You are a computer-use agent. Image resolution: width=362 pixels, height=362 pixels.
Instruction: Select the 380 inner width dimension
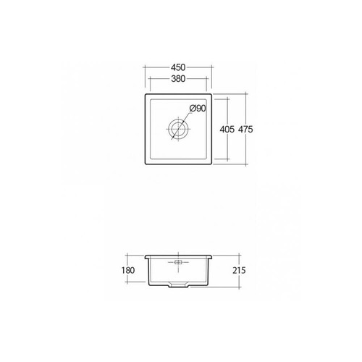pos(179,80)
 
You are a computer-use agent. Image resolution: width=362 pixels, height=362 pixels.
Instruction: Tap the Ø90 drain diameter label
pos(197,109)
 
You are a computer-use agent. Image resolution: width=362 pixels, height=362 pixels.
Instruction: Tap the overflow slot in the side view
pos(179,260)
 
